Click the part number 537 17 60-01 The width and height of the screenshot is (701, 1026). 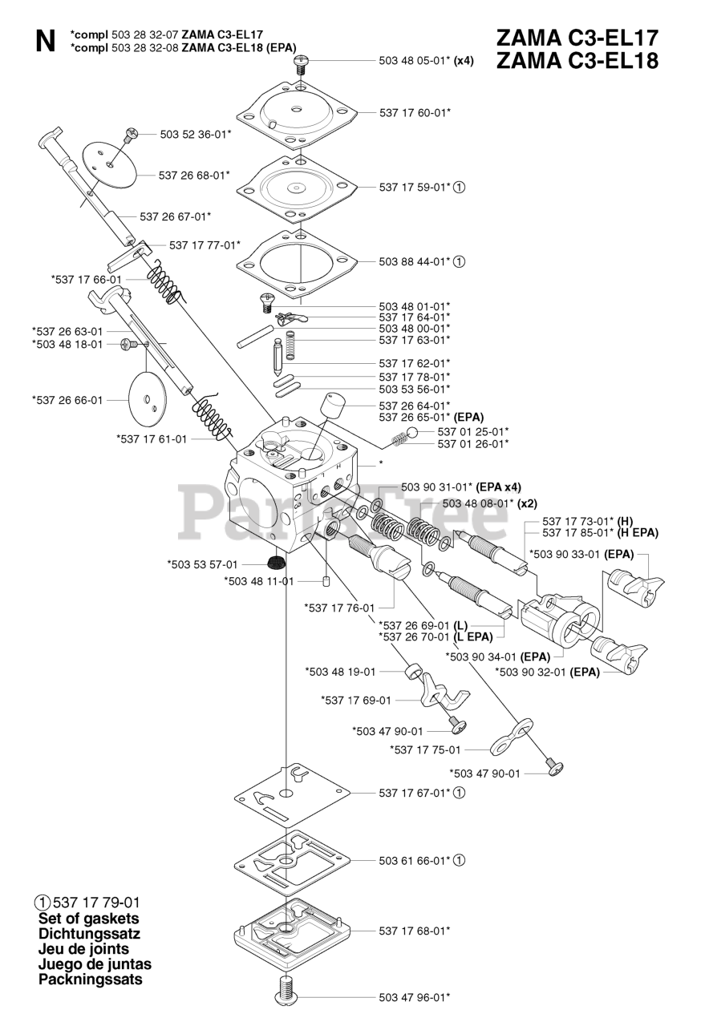click(415, 113)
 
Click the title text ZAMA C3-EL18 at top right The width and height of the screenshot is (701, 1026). click(577, 61)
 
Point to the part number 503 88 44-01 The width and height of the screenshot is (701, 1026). click(415, 261)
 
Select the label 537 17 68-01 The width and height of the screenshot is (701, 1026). click(414, 931)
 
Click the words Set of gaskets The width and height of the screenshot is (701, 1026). click(88, 919)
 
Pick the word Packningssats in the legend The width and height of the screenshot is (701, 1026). click(90, 980)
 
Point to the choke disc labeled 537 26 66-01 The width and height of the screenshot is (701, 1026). click(152, 399)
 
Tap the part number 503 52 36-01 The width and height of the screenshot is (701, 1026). click(195, 135)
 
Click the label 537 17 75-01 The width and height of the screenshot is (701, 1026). click(425, 749)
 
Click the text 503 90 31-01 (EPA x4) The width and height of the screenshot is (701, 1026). click(460, 487)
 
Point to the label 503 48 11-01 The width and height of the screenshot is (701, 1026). click(258, 581)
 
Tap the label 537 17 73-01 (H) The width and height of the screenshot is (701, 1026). click(588, 521)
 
